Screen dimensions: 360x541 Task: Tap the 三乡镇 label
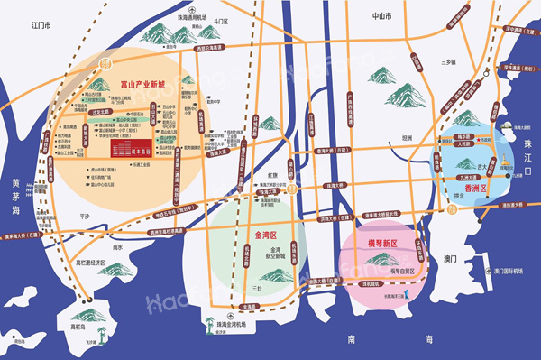pyautogui.click(x=448, y=61)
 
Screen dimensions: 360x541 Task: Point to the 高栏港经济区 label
pyautogui.click(x=89, y=263)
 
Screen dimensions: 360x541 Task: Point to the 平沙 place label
pyautogui.click(x=86, y=216)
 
